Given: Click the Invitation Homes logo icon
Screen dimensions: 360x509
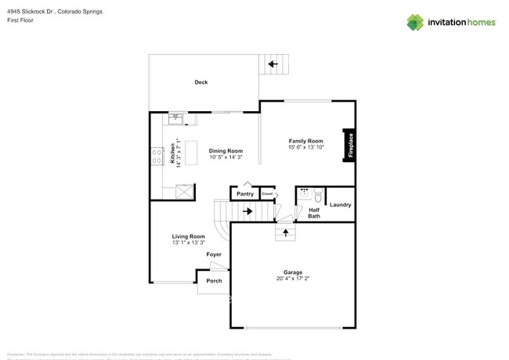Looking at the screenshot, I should pyautogui.click(x=416, y=22).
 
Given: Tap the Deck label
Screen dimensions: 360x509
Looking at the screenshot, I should pyautogui.click(x=201, y=82).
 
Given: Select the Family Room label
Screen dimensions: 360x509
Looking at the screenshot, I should pyautogui.click(x=305, y=140).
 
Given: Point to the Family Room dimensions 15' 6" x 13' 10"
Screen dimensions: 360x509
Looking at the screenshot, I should pyautogui.click(x=305, y=147).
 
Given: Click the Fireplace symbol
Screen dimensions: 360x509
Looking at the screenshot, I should pyautogui.click(x=349, y=145).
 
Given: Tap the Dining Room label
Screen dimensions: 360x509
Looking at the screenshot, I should pyautogui.click(x=226, y=150).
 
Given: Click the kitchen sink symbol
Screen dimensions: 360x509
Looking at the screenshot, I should pyautogui.click(x=175, y=118).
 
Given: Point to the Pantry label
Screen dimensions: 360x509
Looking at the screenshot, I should pyautogui.click(x=244, y=193).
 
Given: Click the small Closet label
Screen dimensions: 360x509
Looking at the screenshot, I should pyautogui.click(x=267, y=193).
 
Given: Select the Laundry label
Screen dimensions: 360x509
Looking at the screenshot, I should pyautogui.click(x=341, y=205).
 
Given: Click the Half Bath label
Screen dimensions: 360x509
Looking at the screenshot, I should pyautogui.click(x=313, y=212).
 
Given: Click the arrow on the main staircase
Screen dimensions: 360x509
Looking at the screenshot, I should pyautogui.click(x=247, y=211).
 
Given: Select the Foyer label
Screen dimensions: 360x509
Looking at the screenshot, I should pyautogui.click(x=214, y=255).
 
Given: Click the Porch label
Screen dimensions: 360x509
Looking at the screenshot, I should pyautogui.click(x=214, y=281).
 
